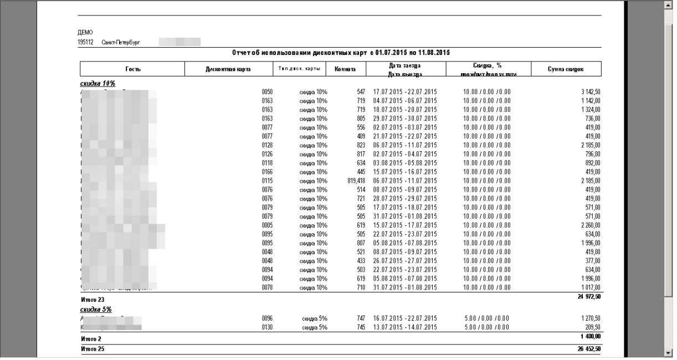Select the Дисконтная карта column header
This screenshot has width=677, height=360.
point(228,69)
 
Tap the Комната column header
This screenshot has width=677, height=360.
point(345,69)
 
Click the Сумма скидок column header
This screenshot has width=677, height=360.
point(566,69)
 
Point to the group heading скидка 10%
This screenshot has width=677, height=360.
point(98,84)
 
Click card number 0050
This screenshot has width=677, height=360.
point(267,91)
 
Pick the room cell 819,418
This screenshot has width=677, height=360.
point(353,181)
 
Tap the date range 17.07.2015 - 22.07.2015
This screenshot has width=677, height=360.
point(405,91)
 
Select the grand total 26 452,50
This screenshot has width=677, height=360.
point(588,349)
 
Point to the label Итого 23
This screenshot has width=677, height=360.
point(92,300)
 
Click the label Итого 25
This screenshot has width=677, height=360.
point(92,349)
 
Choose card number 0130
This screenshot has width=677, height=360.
point(267,327)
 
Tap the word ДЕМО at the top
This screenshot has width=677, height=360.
point(85,33)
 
